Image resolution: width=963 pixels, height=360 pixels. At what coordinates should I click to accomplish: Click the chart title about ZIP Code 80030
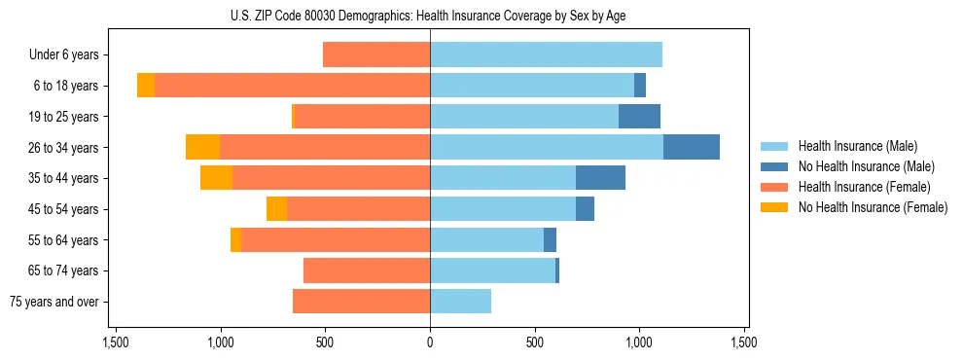(x=428, y=16)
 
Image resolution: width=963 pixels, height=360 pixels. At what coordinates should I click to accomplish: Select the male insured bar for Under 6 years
(x=546, y=54)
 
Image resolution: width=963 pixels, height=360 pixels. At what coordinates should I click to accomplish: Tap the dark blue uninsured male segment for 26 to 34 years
(x=691, y=147)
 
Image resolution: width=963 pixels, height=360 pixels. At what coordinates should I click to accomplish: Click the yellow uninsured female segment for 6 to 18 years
(x=146, y=86)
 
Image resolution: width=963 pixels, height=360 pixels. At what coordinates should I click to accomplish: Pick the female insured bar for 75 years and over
(x=361, y=302)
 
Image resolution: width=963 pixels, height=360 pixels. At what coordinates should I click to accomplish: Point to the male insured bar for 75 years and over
(x=460, y=302)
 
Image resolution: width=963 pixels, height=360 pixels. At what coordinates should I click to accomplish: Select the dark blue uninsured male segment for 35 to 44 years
(x=600, y=178)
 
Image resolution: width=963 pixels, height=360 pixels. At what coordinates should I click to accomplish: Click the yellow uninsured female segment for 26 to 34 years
(x=202, y=147)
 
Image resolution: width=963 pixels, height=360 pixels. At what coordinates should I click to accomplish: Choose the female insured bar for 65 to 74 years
(x=367, y=270)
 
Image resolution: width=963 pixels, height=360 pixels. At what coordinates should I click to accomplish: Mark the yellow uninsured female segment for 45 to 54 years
(x=276, y=209)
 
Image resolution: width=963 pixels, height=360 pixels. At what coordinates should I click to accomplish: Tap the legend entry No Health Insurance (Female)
(x=873, y=207)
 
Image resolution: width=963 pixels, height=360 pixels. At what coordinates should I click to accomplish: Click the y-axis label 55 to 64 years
(x=66, y=240)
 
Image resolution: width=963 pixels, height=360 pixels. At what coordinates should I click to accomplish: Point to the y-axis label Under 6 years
(x=70, y=55)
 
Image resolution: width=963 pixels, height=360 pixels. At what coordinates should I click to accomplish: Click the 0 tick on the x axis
(x=430, y=342)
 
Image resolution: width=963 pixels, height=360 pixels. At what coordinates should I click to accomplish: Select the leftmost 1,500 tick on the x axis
(x=116, y=342)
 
